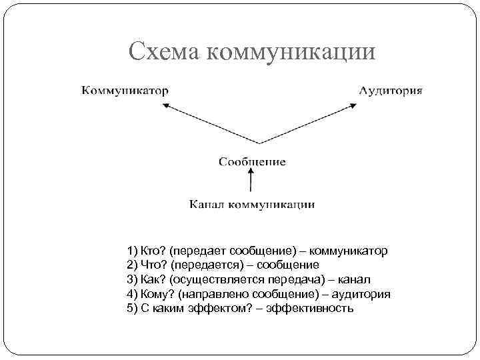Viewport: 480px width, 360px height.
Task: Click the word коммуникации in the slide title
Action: pyautogui.click(x=293, y=52)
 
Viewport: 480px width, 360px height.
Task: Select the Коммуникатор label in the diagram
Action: pyautogui.click(x=125, y=89)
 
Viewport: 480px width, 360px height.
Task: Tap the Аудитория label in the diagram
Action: pyautogui.click(x=391, y=89)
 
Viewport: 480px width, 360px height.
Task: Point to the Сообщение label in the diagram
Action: pyautogui.click(x=252, y=161)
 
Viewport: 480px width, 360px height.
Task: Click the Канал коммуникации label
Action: pyautogui.click(x=252, y=203)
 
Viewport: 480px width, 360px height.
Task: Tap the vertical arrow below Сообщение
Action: pyautogui.click(x=251, y=181)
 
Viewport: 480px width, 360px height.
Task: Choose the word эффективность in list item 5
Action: pyautogui.click(x=309, y=308)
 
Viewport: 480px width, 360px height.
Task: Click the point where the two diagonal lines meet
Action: pyautogui.click(x=259, y=143)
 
